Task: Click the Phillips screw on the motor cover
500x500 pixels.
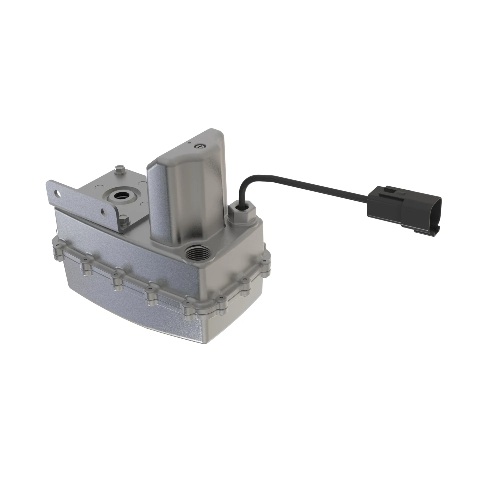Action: click(x=200, y=146)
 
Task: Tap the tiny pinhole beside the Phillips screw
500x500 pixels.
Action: click(x=190, y=142)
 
